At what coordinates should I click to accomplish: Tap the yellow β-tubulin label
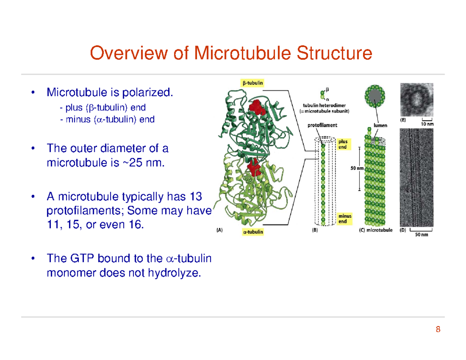251,83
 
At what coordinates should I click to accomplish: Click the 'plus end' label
343,144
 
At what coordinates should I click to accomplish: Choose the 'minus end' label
345,219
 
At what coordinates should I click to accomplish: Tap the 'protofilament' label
322,125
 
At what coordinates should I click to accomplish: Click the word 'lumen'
380,125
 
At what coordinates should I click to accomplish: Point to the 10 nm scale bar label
428,124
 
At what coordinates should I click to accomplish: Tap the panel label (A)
219,230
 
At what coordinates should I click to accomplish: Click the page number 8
438,330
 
